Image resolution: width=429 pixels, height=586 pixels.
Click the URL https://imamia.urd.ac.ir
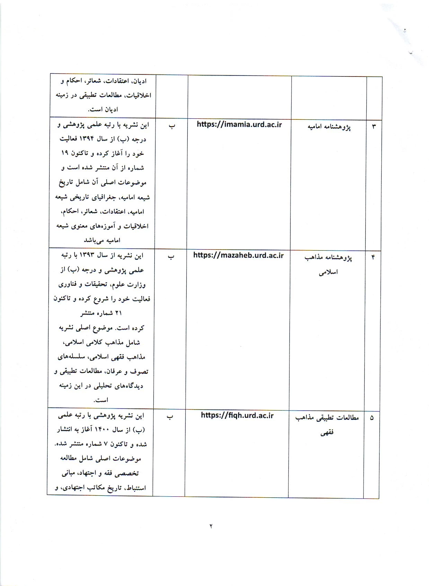[239, 125]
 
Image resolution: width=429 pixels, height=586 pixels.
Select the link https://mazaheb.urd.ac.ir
[238, 255]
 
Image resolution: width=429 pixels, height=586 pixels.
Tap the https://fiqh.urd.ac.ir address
[237, 415]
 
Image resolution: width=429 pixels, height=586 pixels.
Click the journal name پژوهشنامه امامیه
[329, 127]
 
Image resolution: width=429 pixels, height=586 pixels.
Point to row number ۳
[374, 126]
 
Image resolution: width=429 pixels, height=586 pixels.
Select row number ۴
[373, 257]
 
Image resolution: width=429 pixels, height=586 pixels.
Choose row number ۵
[372, 418]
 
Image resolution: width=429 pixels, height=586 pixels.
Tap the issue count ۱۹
[65, 153]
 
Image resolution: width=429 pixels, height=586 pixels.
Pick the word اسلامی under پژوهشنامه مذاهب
[328, 272]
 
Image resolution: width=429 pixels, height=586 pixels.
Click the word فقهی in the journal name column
[327, 433]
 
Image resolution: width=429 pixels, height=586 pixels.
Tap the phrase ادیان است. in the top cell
[103, 109]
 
